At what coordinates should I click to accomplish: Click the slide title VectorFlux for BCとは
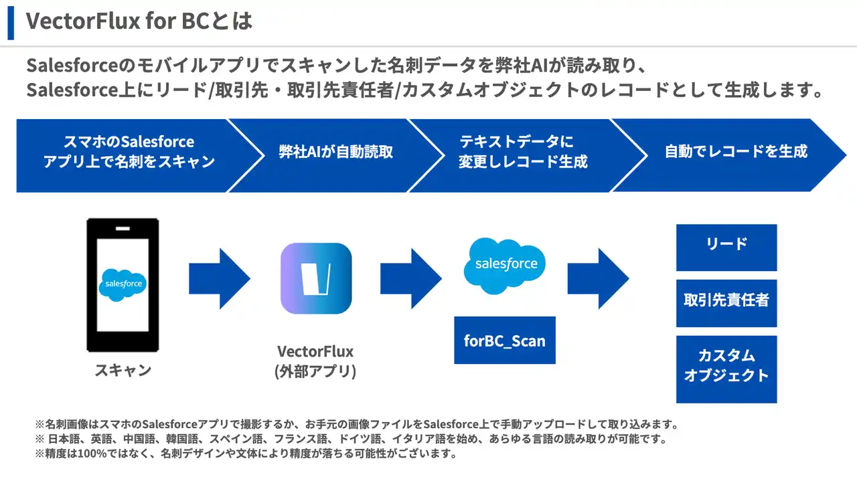click(139, 21)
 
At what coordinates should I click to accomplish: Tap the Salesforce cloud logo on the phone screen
click(123, 284)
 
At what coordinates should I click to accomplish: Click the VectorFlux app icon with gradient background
click(316, 278)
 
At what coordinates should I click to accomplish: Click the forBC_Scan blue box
click(505, 341)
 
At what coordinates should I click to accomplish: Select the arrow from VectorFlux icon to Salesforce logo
click(410, 278)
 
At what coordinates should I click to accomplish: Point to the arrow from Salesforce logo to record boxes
click(598, 278)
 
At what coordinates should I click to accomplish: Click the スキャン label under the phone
click(123, 370)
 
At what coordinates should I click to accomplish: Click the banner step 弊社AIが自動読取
click(335, 151)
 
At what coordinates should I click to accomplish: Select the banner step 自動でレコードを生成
click(735, 151)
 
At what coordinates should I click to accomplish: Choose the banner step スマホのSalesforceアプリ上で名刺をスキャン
click(129, 151)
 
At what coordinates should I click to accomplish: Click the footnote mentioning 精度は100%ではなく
click(246, 454)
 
